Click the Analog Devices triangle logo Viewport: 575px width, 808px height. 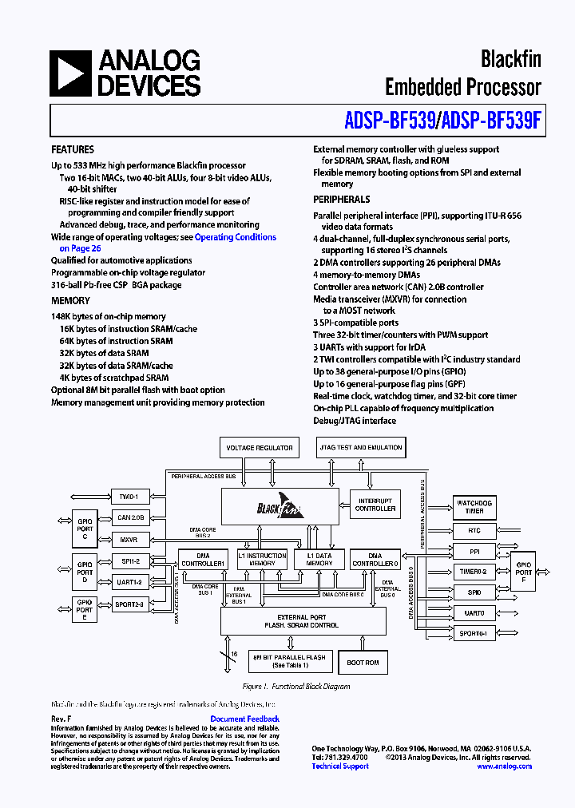[70, 73]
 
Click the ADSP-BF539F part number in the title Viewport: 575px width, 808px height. [491, 120]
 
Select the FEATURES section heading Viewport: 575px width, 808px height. [73, 149]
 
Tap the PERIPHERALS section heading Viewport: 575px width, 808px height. [341, 199]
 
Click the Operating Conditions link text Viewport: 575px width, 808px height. [236, 237]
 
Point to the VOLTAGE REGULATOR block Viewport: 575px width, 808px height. [259, 448]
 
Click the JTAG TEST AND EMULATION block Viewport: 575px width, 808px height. [360, 448]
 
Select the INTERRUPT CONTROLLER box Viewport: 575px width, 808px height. [375, 505]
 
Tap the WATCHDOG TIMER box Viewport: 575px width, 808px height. [474, 507]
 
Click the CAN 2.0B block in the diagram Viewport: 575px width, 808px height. [130, 517]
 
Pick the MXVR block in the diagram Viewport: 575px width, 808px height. [130, 540]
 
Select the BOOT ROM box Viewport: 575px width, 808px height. [363, 663]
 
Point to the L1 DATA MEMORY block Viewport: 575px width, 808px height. [319, 559]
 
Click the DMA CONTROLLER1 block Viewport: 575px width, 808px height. [202, 559]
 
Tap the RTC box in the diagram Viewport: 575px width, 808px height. [474, 530]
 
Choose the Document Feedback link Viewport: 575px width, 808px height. [244, 719]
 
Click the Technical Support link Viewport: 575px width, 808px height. [340, 766]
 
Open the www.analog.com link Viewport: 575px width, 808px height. [504, 766]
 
